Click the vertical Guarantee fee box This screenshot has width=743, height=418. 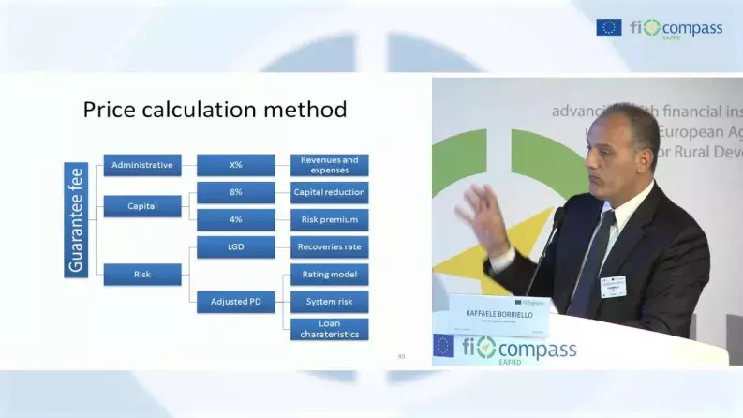click(77, 219)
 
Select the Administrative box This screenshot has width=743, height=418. click(142, 166)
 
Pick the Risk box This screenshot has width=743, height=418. click(142, 275)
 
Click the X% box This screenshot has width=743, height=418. click(236, 166)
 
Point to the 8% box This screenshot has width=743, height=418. click(236, 192)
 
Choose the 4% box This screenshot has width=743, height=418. click(236, 219)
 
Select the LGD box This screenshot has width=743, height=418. click(236, 247)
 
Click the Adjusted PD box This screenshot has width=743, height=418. click(236, 302)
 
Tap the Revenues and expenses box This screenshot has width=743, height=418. click(329, 166)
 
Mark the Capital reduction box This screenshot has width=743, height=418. click(329, 192)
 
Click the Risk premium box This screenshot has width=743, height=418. click(329, 219)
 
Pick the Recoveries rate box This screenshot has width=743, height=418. click(329, 247)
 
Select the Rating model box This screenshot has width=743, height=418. click(329, 275)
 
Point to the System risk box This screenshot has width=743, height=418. click(329, 302)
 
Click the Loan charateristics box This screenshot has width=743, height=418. click(329, 329)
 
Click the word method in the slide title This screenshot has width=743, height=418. click(296, 110)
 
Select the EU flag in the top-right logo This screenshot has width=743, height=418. click(608, 28)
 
